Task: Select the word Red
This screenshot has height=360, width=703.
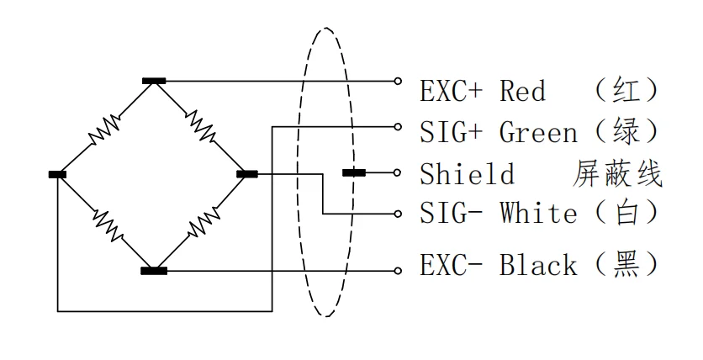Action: pyautogui.click(x=523, y=90)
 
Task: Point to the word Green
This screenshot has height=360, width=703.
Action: pyautogui.click(x=538, y=132)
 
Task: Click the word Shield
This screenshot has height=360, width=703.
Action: pyautogui.click(x=467, y=174)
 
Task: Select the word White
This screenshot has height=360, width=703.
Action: pyautogui.click(x=538, y=214)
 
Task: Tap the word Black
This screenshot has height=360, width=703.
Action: pyautogui.click(x=538, y=265)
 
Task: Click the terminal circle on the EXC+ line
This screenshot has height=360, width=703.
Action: pyautogui.click(x=399, y=82)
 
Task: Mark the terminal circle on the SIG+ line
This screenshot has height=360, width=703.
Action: pyautogui.click(x=399, y=126)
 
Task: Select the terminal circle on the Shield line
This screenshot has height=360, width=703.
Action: pyautogui.click(x=399, y=172)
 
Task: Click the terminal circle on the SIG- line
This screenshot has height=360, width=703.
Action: pyautogui.click(x=399, y=214)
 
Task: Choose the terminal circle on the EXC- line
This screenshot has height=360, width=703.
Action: pyautogui.click(x=399, y=271)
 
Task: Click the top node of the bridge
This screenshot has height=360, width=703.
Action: pyautogui.click(x=154, y=81)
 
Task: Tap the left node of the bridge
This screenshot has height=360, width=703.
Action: pyautogui.click(x=57, y=174)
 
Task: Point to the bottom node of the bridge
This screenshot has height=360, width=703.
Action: pyautogui.click(x=154, y=271)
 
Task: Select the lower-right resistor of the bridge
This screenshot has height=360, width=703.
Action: pyautogui.click(x=202, y=223)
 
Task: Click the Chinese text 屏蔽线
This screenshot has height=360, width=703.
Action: pyautogui.click(x=617, y=174)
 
